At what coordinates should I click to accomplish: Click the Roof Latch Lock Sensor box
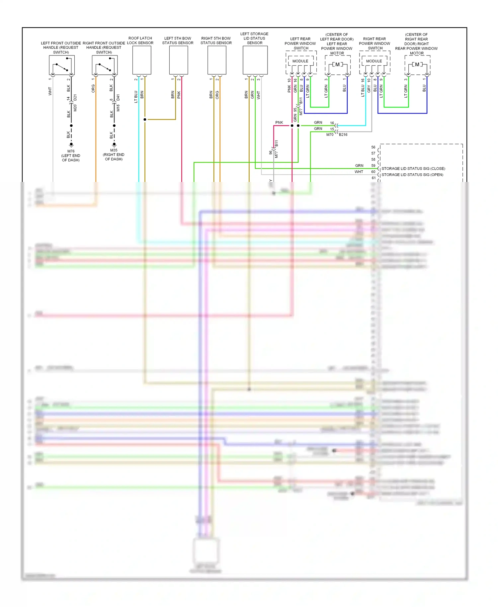click(142, 60)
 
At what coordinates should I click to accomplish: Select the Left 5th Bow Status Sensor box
click(179, 60)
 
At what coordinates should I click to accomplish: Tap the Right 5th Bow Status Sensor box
click(217, 60)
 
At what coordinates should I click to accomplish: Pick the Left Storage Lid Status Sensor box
click(255, 60)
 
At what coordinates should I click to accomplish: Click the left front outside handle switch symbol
click(62, 65)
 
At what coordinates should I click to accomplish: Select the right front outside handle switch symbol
click(105, 65)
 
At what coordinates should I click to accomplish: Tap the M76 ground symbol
click(71, 145)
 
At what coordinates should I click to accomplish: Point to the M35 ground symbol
click(114, 144)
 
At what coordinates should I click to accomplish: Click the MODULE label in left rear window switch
click(300, 61)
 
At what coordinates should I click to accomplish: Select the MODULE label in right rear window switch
click(374, 61)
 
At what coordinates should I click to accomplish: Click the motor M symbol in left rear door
click(338, 64)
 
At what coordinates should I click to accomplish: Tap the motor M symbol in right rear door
click(417, 64)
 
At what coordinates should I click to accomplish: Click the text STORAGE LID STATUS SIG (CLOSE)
click(413, 169)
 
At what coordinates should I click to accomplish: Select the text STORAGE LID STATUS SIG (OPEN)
click(412, 175)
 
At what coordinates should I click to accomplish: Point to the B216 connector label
click(343, 134)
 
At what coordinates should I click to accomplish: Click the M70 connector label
click(330, 134)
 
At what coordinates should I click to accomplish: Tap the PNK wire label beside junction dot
click(279, 123)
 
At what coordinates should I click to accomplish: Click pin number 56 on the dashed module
click(373, 147)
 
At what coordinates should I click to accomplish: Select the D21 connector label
click(75, 98)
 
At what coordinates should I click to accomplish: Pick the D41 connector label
click(118, 98)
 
